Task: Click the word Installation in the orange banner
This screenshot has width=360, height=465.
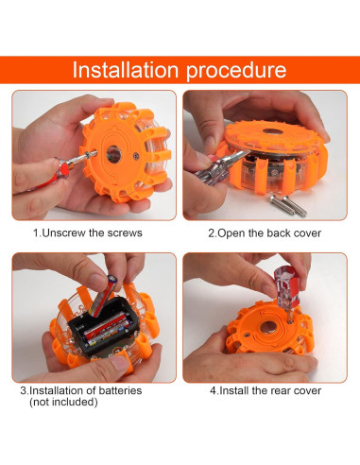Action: pyautogui.click(x=126, y=70)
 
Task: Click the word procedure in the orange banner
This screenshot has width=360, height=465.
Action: pyautogui.click(x=236, y=71)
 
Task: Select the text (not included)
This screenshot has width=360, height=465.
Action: pyautogui.click(x=63, y=402)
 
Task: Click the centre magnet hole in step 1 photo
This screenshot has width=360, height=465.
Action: pyautogui.click(x=113, y=154)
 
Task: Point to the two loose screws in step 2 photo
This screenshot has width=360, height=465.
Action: pyautogui.click(x=288, y=205)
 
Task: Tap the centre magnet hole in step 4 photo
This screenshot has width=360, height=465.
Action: pyautogui.click(x=268, y=327)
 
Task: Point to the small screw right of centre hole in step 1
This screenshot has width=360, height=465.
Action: pyautogui.click(x=136, y=155)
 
